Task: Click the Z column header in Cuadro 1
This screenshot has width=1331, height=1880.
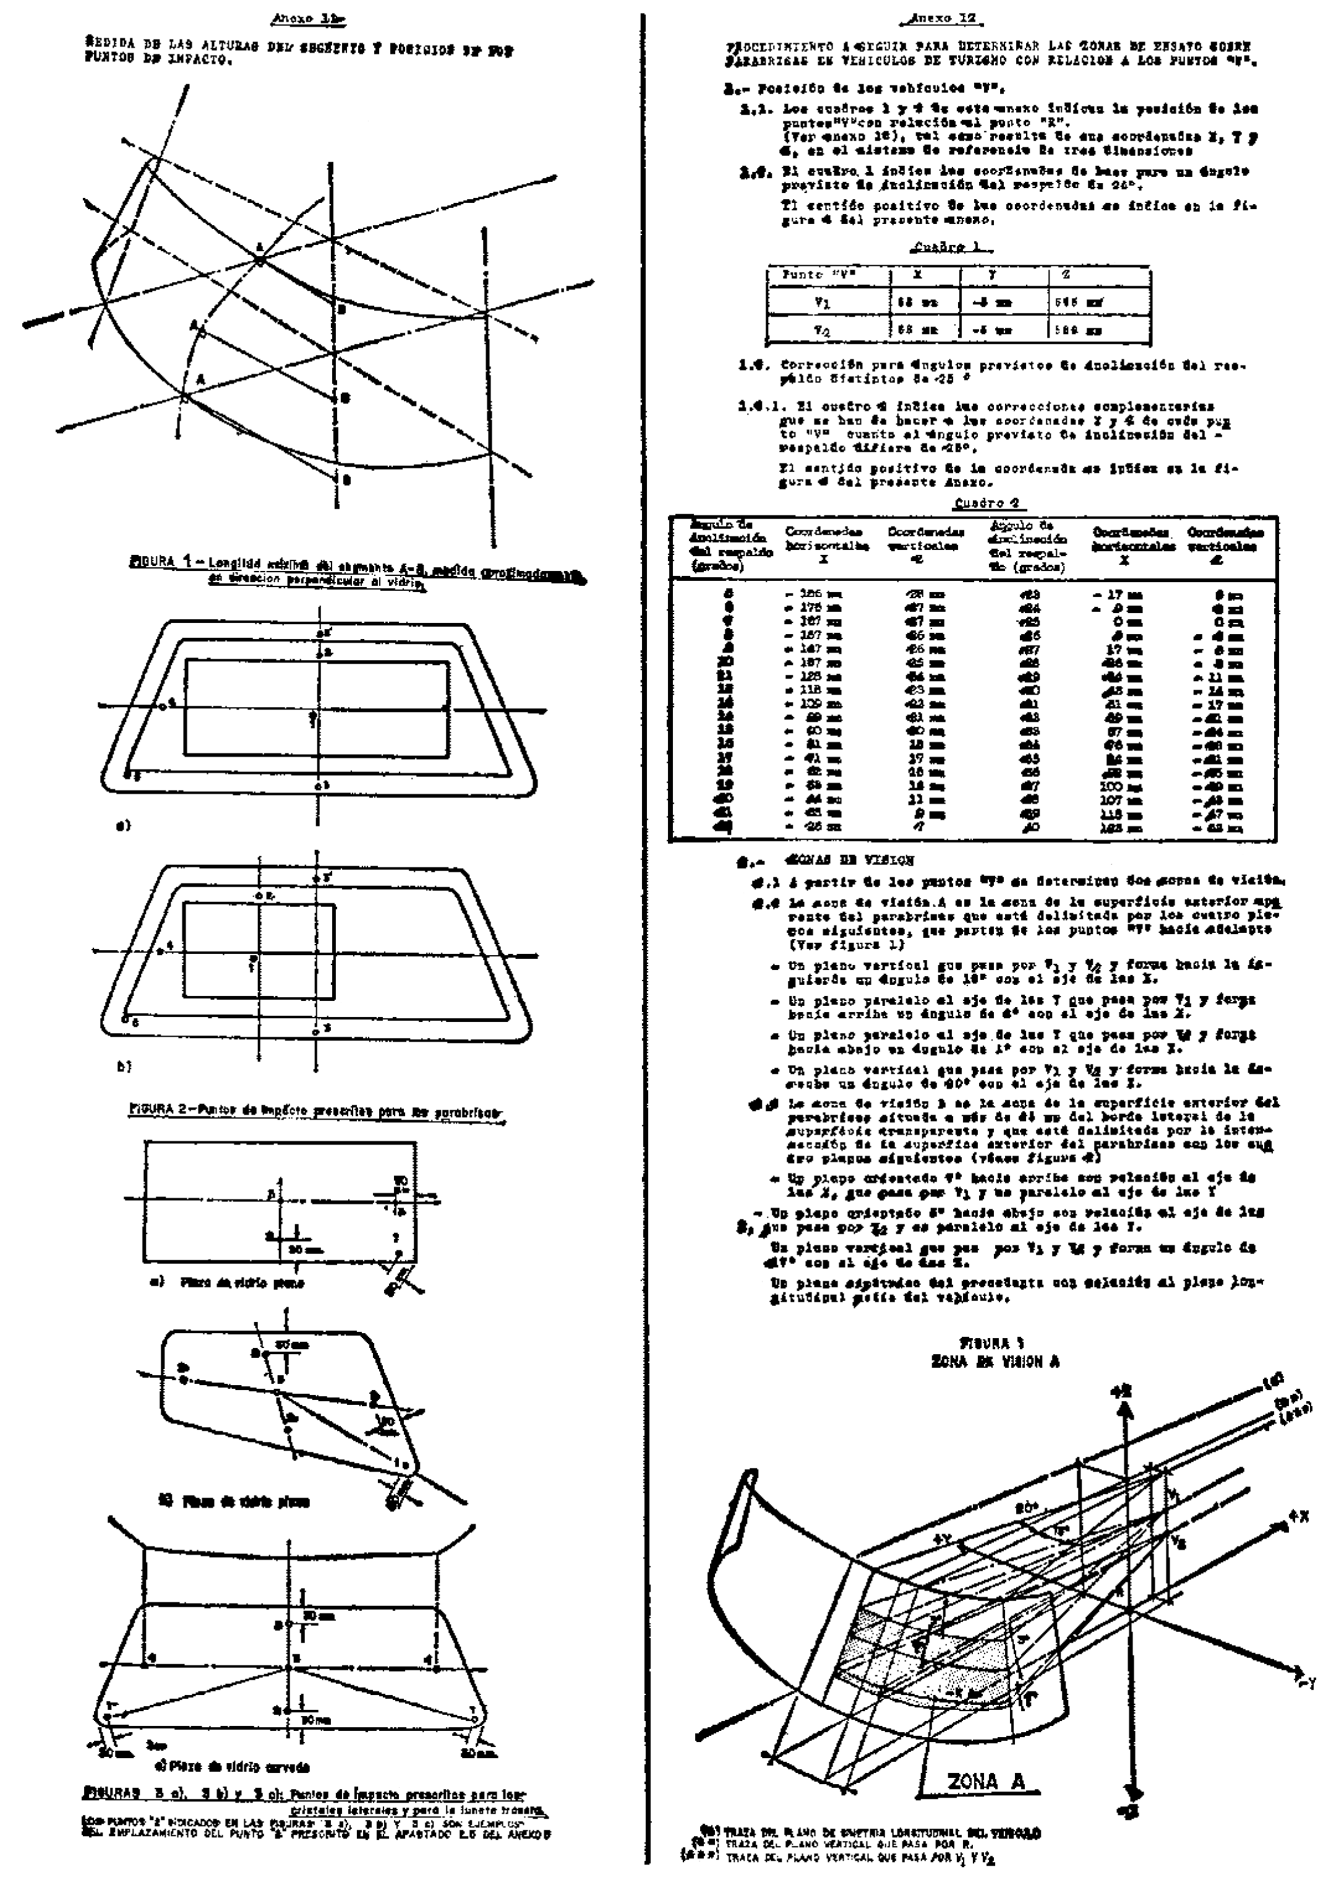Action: (x=1066, y=275)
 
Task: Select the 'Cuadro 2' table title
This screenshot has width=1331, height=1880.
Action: (x=986, y=503)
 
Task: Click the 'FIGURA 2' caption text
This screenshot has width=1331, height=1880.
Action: (x=315, y=1110)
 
